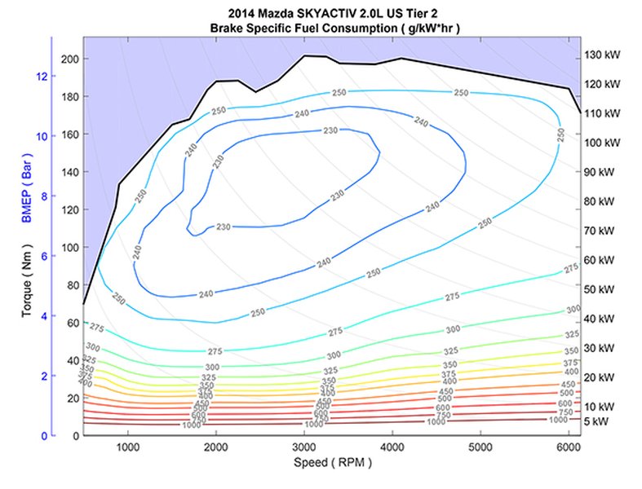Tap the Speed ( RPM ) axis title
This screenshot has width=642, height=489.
[x=331, y=462]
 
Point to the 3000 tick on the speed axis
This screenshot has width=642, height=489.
[x=303, y=447]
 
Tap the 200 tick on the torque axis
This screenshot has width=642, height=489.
[x=69, y=59]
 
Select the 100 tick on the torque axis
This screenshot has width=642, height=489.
[x=69, y=248]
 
